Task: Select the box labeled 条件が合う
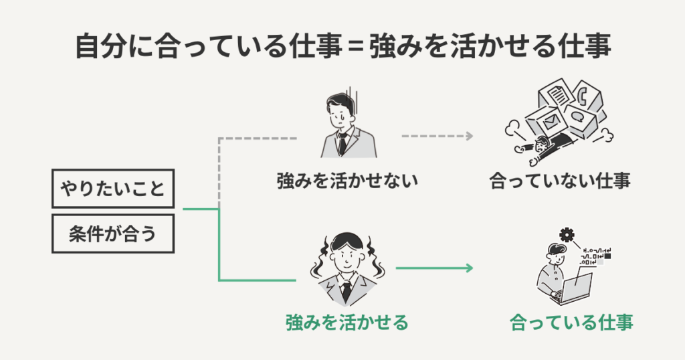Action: point(112,234)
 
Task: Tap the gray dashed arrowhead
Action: point(470,136)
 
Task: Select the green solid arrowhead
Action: point(470,268)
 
